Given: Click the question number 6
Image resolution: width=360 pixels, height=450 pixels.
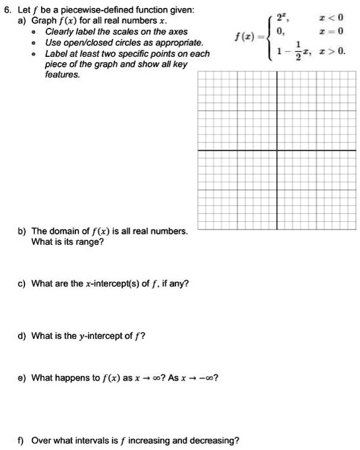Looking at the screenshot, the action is click(x=7, y=9).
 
